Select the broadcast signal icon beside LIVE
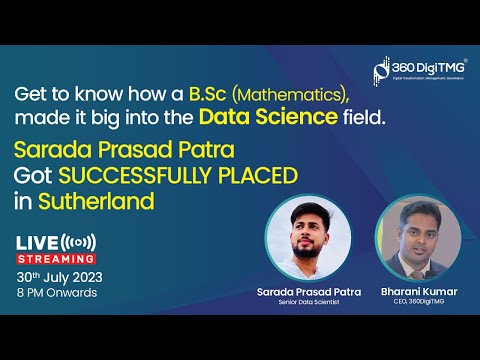pyautogui.click(x=79, y=242)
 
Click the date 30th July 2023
pyautogui.click(x=59, y=276)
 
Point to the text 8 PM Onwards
pyautogui.click(x=57, y=294)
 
